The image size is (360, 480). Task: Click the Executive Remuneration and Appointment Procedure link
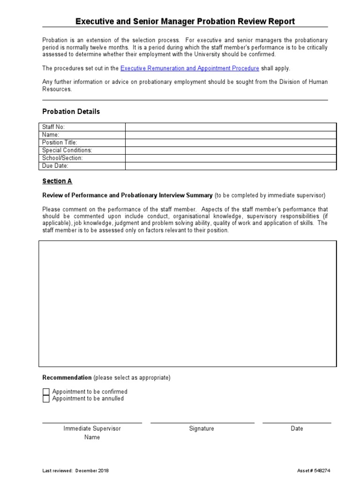(x=189, y=68)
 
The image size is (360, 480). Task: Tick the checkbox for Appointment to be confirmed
(x=46, y=392)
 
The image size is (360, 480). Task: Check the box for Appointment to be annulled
(x=46, y=399)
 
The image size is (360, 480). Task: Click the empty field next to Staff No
(x=231, y=127)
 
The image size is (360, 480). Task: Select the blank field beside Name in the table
(x=231, y=135)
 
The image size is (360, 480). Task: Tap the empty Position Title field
(x=231, y=142)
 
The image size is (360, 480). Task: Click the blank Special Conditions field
(x=231, y=150)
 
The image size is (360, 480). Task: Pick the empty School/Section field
(x=231, y=158)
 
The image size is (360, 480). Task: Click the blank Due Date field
(x=231, y=166)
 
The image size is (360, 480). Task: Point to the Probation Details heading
(x=71, y=112)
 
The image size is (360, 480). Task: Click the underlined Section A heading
(x=57, y=181)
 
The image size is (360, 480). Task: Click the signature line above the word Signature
(x=202, y=422)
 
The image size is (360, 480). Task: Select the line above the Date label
(x=297, y=422)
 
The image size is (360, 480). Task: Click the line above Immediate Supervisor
(x=92, y=422)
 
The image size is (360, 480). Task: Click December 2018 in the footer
(x=92, y=471)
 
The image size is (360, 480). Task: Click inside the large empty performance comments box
(x=187, y=303)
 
